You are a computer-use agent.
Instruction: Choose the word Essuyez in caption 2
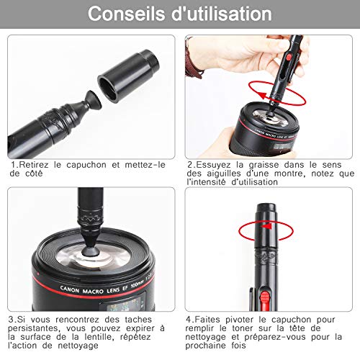click(214, 165)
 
